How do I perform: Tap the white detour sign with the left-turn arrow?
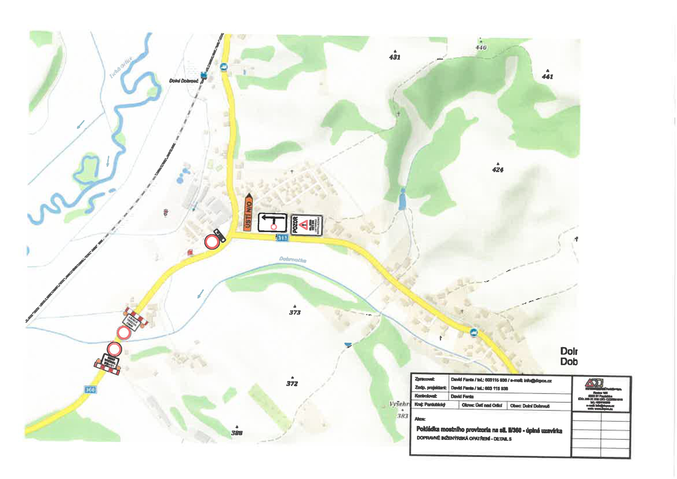[x=272, y=223]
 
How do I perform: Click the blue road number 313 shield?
[x=282, y=238]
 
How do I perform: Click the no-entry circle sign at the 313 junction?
[x=212, y=242]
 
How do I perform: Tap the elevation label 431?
[x=395, y=57]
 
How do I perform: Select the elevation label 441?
[x=548, y=76]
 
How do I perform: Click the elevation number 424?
[x=498, y=170]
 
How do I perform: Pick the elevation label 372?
[x=292, y=383]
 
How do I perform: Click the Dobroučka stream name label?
[x=293, y=259]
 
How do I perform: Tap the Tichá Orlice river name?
[x=121, y=68]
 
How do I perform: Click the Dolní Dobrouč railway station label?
[x=183, y=81]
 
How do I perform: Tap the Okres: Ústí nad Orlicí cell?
[x=482, y=405]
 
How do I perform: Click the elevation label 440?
[x=481, y=47]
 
